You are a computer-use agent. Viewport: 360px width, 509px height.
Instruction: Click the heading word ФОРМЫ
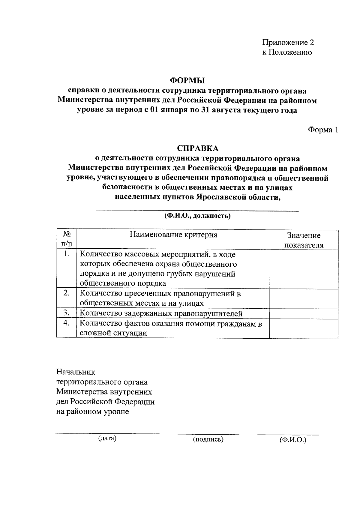[187, 80]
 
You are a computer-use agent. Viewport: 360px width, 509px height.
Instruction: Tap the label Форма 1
[323, 130]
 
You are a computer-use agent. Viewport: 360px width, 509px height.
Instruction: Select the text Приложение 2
[288, 43]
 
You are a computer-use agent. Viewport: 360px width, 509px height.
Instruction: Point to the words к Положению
[287, 52]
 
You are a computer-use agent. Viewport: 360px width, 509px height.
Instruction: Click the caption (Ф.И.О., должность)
[197, 216]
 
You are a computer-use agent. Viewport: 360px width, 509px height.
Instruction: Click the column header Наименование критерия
[173, 235]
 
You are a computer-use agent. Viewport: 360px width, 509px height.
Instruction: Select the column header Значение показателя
[304, 240]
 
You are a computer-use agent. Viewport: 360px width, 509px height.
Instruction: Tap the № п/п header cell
[67, 239]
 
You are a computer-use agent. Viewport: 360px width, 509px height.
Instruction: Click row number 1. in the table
[67, 254]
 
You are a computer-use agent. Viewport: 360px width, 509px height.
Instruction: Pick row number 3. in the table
[67, 313]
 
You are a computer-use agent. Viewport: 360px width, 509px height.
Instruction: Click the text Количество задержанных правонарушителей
[161, 314]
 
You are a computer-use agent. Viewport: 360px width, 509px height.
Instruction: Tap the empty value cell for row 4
[304, 328]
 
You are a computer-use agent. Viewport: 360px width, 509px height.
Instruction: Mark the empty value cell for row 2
[304, 298]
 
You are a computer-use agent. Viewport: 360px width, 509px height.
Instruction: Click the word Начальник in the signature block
[76, 372]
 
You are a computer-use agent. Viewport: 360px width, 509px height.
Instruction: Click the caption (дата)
[107, 438]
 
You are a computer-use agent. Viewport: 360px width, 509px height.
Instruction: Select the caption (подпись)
[208, 439]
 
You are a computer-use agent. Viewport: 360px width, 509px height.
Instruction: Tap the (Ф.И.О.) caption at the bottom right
[292, 440]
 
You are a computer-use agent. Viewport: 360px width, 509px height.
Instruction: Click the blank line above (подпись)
[208, 434]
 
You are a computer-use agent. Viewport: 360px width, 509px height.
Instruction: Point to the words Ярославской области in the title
[238, 197]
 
